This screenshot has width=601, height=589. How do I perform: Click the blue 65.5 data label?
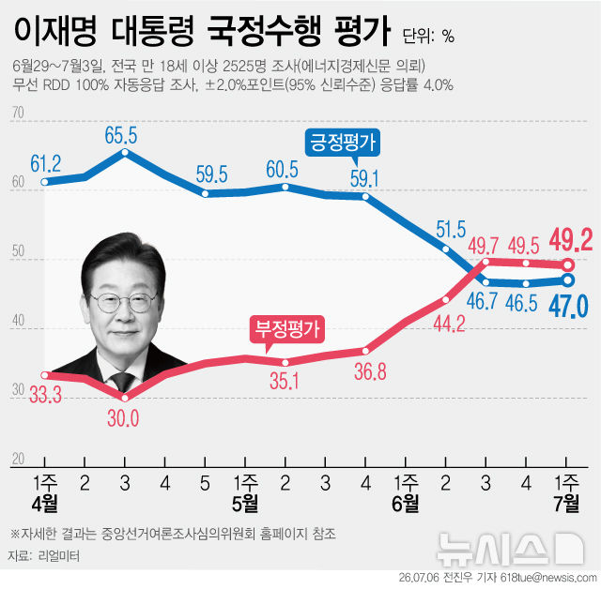click(121, 135)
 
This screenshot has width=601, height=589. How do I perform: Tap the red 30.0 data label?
click(123, 418)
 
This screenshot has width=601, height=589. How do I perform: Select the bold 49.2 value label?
click(571, 240)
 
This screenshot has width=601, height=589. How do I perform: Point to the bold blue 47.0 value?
click(569, 307)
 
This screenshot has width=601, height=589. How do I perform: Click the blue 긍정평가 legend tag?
click(342, 143)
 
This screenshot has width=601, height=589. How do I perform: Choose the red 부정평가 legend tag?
click(287, 329)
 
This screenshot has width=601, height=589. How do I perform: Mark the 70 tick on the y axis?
click(18, 113)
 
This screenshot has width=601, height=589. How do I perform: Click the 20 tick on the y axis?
click(18, 459)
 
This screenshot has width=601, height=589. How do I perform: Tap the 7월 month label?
click(567, 504)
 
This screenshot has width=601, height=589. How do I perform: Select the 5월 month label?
click(245, 504)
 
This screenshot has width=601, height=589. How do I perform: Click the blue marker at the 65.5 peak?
click(125, 152)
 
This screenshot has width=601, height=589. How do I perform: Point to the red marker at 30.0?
click(125, 398)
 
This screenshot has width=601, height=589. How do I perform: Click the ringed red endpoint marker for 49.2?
click(569, 264)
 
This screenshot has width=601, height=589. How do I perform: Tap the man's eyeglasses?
click(124, 302)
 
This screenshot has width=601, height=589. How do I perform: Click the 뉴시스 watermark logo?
click(511, 550)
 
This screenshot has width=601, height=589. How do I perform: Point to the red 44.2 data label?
click(449, 324)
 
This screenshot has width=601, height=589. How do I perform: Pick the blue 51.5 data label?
click(451, 230)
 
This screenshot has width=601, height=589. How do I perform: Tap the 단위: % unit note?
click(428, 36)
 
